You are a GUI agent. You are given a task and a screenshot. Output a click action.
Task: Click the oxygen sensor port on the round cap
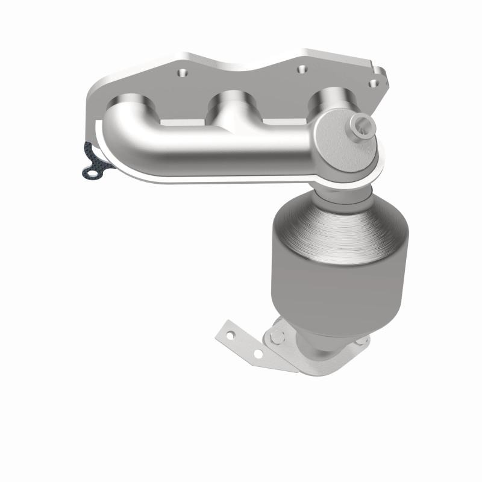363,127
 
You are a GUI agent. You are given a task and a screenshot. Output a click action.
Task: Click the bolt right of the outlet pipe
360,341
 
